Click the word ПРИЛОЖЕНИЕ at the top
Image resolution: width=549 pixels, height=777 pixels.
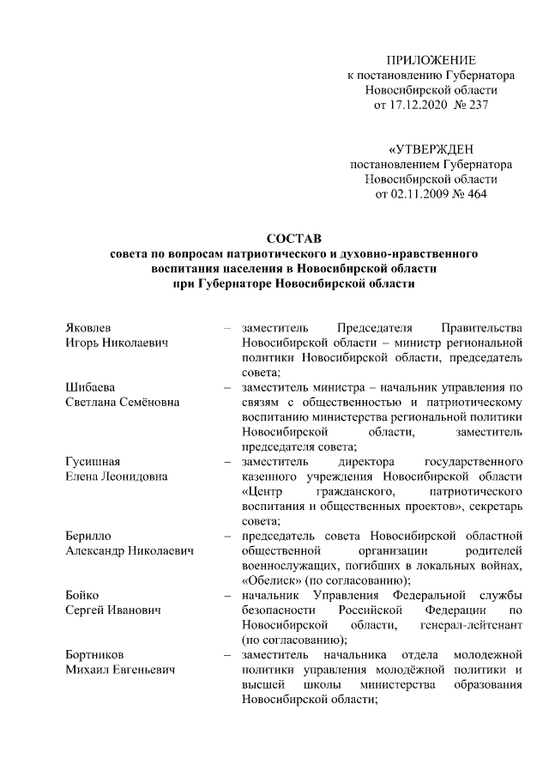click(x=431, y=59)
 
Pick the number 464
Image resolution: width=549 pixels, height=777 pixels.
click(x=476, y=194)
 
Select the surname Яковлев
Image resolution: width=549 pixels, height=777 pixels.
click(x=88, y=327)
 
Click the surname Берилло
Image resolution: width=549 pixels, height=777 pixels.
click(x=89, y=535)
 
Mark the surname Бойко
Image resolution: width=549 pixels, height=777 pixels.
click(x=83, y=594)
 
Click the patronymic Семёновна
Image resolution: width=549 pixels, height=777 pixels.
click(x=142, y=402)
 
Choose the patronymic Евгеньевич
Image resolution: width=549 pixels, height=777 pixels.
click(x=142, y=669)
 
